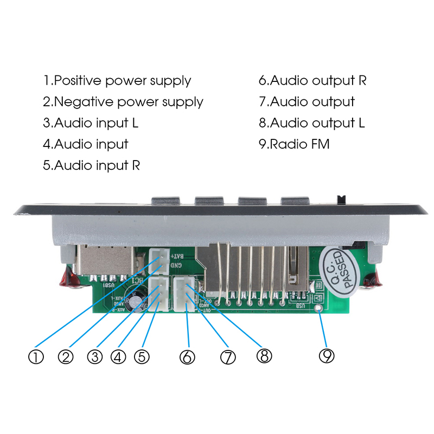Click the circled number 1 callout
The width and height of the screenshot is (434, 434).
pos(36,357)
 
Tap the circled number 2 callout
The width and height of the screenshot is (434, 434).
pos(66,357)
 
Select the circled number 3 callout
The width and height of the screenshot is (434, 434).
pos(95,357)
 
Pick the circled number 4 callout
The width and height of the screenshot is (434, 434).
pos(118,357)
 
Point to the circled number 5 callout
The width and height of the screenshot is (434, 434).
pos(141,357)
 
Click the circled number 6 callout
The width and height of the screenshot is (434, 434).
pos(187,357)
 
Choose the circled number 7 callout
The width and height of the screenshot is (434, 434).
pos(228,357)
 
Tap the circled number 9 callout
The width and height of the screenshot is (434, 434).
pos(327,356)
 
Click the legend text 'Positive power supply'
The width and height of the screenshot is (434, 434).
pos(117,81)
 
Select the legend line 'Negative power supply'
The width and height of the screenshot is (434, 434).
pos(123,101)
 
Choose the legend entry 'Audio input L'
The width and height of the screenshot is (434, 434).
pos(91,123)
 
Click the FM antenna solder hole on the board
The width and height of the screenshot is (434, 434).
pos(321,309)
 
